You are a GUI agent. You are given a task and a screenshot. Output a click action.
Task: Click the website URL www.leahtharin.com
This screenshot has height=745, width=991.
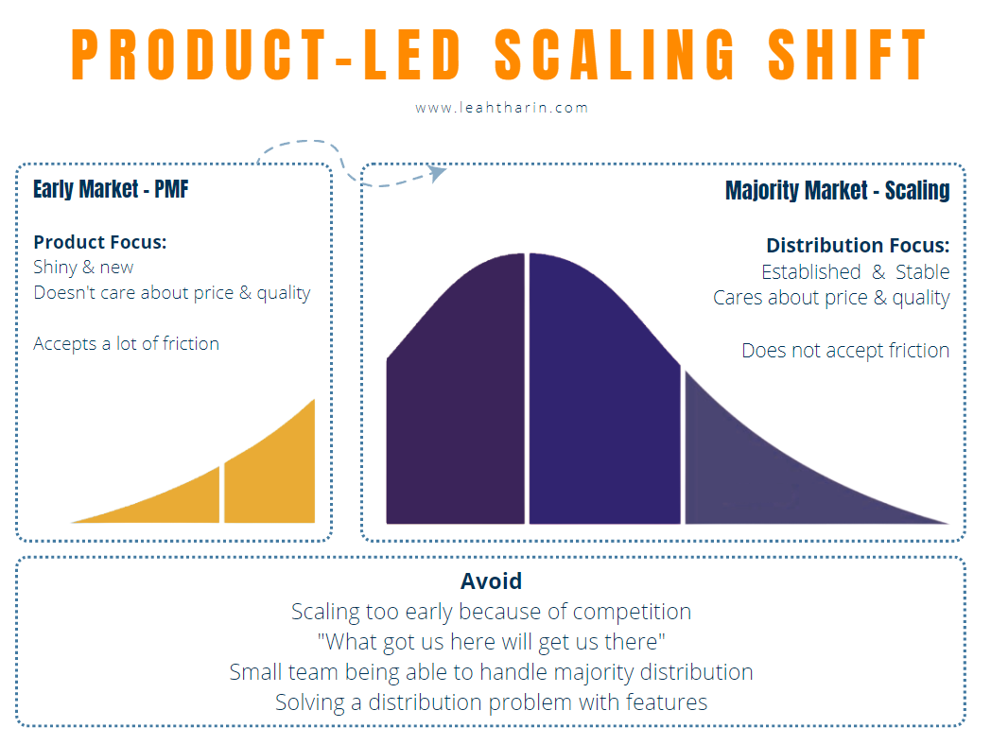coord(502,108)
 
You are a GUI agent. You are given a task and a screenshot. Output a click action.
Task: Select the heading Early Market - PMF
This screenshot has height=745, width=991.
coord(111,189)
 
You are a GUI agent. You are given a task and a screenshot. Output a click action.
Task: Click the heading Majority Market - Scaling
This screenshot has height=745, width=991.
coord(837,190)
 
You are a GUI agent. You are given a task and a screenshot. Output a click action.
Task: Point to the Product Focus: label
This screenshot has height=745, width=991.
coord(99,242)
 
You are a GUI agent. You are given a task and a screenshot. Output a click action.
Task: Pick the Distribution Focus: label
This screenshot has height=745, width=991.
coord(857,246)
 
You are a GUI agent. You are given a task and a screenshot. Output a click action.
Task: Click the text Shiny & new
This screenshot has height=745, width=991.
coord(83,268)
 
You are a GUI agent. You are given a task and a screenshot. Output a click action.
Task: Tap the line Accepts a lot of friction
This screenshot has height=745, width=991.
coord(126,343)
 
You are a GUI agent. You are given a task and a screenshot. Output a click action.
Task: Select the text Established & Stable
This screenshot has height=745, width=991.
coord(855,272)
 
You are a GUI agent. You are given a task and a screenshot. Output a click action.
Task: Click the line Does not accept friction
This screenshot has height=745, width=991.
coord(844,351)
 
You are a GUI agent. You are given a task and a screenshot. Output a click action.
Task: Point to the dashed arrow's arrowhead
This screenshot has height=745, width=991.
coord(437,172)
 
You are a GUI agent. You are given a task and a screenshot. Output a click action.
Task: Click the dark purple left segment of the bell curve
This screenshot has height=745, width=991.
coord(456,397)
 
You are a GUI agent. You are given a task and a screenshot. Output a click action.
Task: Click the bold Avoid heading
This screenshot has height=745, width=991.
coord(491,581)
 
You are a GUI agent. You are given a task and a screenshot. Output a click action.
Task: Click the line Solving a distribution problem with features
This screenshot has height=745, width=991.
coord(491,702)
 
